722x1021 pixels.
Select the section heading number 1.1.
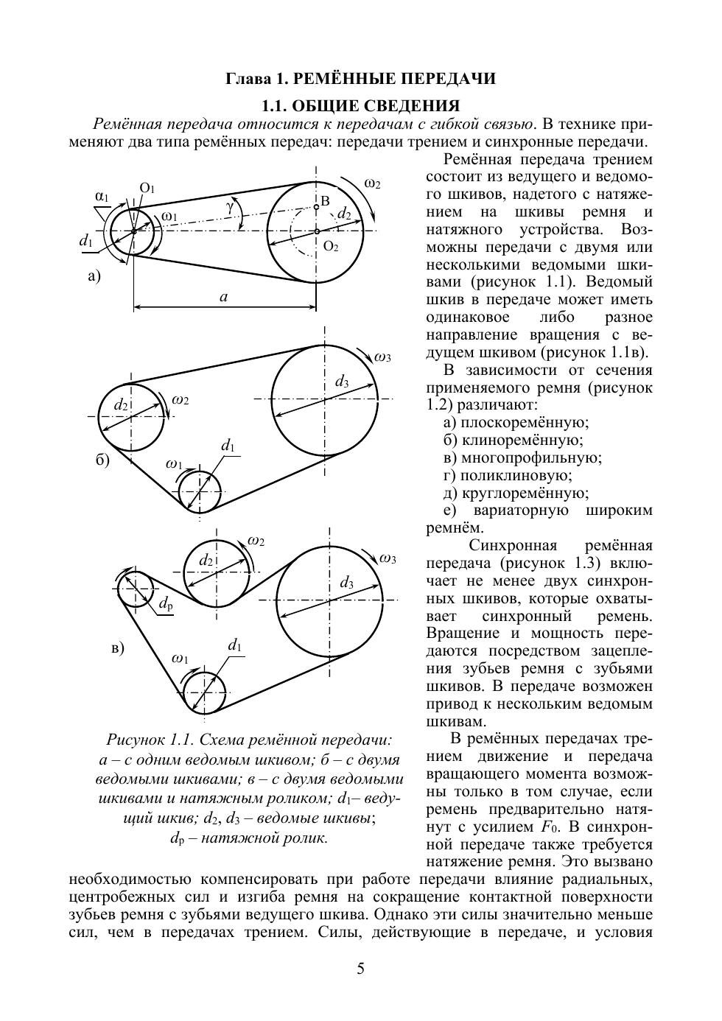[x=276, y=105]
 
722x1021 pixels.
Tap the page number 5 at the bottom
[x=360, y=969]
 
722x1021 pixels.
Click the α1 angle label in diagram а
[x=102, y=197]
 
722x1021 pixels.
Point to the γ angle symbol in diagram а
[x=230, y=207]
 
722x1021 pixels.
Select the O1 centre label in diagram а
[x=147, y=189]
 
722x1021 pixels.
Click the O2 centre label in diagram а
[x=331, y=246]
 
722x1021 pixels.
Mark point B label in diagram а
[x=325, y=200]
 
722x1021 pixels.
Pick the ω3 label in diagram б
[x=382, y=358]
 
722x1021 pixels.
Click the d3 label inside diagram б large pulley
[x=342, y=382]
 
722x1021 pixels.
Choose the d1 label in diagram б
[x=228, y=446]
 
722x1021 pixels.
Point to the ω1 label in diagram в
[x=180, y=658]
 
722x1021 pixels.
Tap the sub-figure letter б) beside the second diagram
[x=102, y=461]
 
